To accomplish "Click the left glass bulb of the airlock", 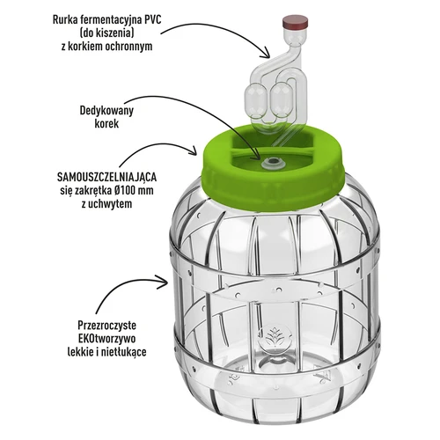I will [x=260, y=98].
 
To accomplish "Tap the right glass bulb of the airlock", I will [x=282, y=97].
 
